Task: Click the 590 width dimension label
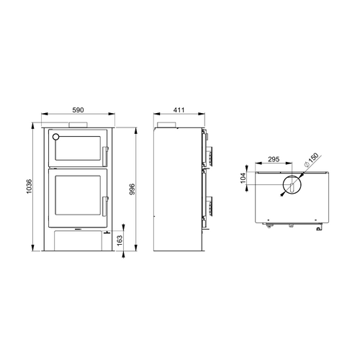click(78, 110)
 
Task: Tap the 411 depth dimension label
click(179, 110)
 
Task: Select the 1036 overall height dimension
click(29, 186)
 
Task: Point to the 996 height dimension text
click(132, 189)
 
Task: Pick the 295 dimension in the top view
click(274, 159)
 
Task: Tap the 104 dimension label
click(243, 178)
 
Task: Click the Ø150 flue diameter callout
click(311, 160)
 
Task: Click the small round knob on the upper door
click(55, 137)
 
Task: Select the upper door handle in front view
click(105, 156)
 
